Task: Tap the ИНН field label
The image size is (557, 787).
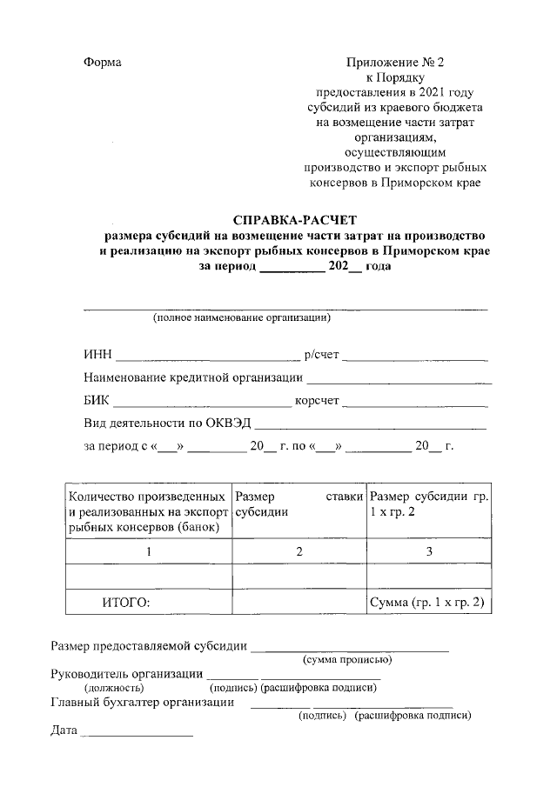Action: click(x=97, y=355)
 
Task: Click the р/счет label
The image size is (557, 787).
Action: click(x=322, y=355)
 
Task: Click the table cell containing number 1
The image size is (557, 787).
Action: click(x=149, y=551)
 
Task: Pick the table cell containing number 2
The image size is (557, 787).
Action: click(x=299, y=551)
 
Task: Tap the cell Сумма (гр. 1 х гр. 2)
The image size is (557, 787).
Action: click(x=427, y=602)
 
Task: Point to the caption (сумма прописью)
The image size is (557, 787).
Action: click(x=346, y=660)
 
